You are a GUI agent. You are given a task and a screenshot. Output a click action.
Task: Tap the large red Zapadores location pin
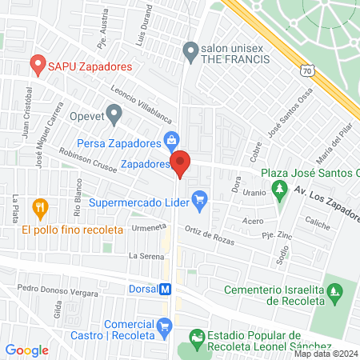pyautogui.click(x=181, y=164)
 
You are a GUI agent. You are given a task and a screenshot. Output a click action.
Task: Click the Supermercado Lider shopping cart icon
pyautogui.click(x=199, y=196)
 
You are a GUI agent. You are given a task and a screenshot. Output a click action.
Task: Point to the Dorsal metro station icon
pyautogui.click(x=166, y=290)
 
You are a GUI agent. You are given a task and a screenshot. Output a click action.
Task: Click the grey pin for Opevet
pyautogui.click(x=114, y=114)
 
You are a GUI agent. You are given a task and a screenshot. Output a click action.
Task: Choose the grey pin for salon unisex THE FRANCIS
pyautogui.click(x=190, y=52)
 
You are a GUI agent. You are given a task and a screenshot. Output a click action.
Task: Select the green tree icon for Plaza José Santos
pyautogui.click(x=278, y=190)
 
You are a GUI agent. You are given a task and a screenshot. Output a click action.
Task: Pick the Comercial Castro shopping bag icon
pyautogui.click(x=165, y=326)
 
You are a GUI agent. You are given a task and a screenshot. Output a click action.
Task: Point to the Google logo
pyautogui.click(x=26, y=350)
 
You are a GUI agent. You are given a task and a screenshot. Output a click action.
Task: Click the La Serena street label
pyautogui.click(x=146, y=256)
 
